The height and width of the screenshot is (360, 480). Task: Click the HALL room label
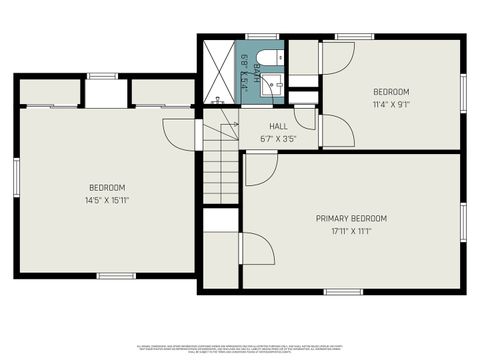pos(278,127)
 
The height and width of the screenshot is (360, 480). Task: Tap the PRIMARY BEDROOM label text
pos(351,218)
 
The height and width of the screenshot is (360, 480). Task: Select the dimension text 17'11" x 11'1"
pos(351,231)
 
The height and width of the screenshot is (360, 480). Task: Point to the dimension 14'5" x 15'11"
pos(107,200)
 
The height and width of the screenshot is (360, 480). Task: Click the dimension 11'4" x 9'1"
pos(391,102)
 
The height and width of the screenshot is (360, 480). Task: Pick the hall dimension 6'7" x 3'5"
pos(278,138)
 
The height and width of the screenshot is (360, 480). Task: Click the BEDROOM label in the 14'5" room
pos(107,188)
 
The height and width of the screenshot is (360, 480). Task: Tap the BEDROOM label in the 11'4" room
pos(391,90)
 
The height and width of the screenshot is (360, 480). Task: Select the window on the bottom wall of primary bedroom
pos(342,291)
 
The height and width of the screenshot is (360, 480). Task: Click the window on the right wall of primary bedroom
pos(463,221)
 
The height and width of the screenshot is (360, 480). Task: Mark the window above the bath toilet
pos(263,37)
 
